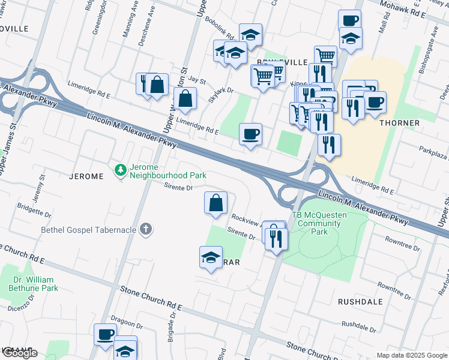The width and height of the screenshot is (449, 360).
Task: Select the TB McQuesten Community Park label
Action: pos(316,224)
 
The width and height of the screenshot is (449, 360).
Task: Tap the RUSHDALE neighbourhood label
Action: pos(360,302)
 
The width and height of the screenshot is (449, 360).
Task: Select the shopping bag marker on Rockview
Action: pos(216,203)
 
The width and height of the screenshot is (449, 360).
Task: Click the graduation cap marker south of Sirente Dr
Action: pos(211,257)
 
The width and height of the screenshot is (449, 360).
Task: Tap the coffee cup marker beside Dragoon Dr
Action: pos(106,334)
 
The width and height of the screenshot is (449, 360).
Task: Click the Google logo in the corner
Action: pos(19,353)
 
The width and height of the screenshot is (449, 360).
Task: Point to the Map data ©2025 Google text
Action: pos(412,355)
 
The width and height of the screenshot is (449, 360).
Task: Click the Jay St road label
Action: pos(196,80)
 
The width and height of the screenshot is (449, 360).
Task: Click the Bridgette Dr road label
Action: pos(35,211)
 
